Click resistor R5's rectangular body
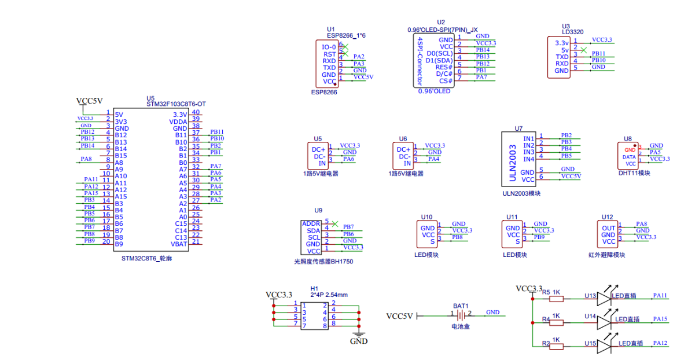[x=557, y=299]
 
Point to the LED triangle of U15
[x=604, y=347]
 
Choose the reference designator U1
[x=330, y=29]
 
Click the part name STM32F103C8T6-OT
[x=176, y=104]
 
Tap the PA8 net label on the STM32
[x=86, y=159]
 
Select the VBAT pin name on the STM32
[x=179, y=244]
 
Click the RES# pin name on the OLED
[x=444, y=67]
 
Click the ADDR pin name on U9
[x=311, y=223]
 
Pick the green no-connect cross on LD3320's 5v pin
[x=583, y=50]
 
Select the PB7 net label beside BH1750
[x=348, y=226]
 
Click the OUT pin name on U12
[x=608, y=228]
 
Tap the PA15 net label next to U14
[x=660, y=319]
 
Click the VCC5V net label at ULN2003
[x=571, y=176]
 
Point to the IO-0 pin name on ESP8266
[x=329, y=47]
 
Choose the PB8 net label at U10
[x=457, y=237]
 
